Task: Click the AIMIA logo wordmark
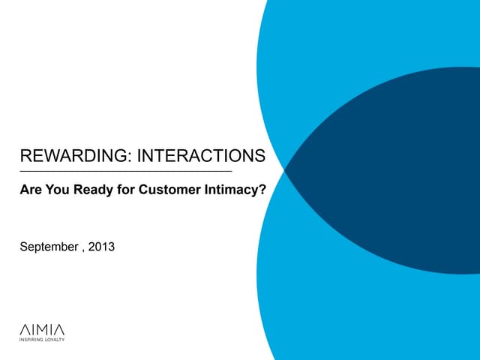click(41, 329)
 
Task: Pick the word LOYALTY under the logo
click(55, 340)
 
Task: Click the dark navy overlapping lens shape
click(390, 172)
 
